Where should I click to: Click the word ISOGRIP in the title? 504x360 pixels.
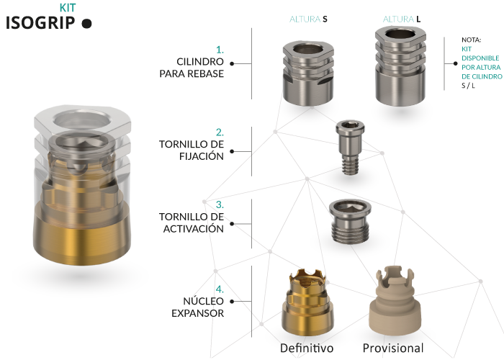pyautogui.click(x=40, y=23)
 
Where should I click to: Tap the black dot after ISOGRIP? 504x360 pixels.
pyautogui.click(x=86, y=24)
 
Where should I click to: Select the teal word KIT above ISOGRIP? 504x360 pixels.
pyautogui.click(x=68, y=7)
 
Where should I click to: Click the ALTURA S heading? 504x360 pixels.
pyautogui.click(x=308, y=19)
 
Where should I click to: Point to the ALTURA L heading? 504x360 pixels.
pyautogui.click(x=402, y=19)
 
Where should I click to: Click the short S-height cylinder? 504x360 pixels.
pyautogui.click(x=308, y=73)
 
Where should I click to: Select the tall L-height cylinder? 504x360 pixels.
pyautogui.click(x=400, y=66)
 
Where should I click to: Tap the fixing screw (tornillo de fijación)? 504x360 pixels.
pyautogui.click(x=350, y=148)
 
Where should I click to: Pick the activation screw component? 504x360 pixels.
pyautogui.click(x=350, y=222)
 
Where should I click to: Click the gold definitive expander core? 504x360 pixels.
pyautogui.click(x=307, y=303)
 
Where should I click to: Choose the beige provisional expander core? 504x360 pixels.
pyautogui.click(x=395, y=301)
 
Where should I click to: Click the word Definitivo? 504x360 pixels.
pyautogui.click(x=307, y=348)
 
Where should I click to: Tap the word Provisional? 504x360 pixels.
pyautogui.click(x=393, y=348)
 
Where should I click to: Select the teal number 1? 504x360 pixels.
pyautogui.click(x=220, y=50)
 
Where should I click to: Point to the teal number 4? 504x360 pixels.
pyautogui.click(x=220, y=289)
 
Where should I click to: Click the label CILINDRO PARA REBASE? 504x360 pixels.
pyautogui.click(x=192, y=68)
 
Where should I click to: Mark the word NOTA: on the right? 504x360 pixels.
pyautogui.click(x=471, y=40)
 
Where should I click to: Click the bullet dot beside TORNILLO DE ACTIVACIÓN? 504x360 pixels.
pyautogui.click(x=232, y=224)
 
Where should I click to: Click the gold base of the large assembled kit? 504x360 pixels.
pyautogui.click(x=82, y=234)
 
